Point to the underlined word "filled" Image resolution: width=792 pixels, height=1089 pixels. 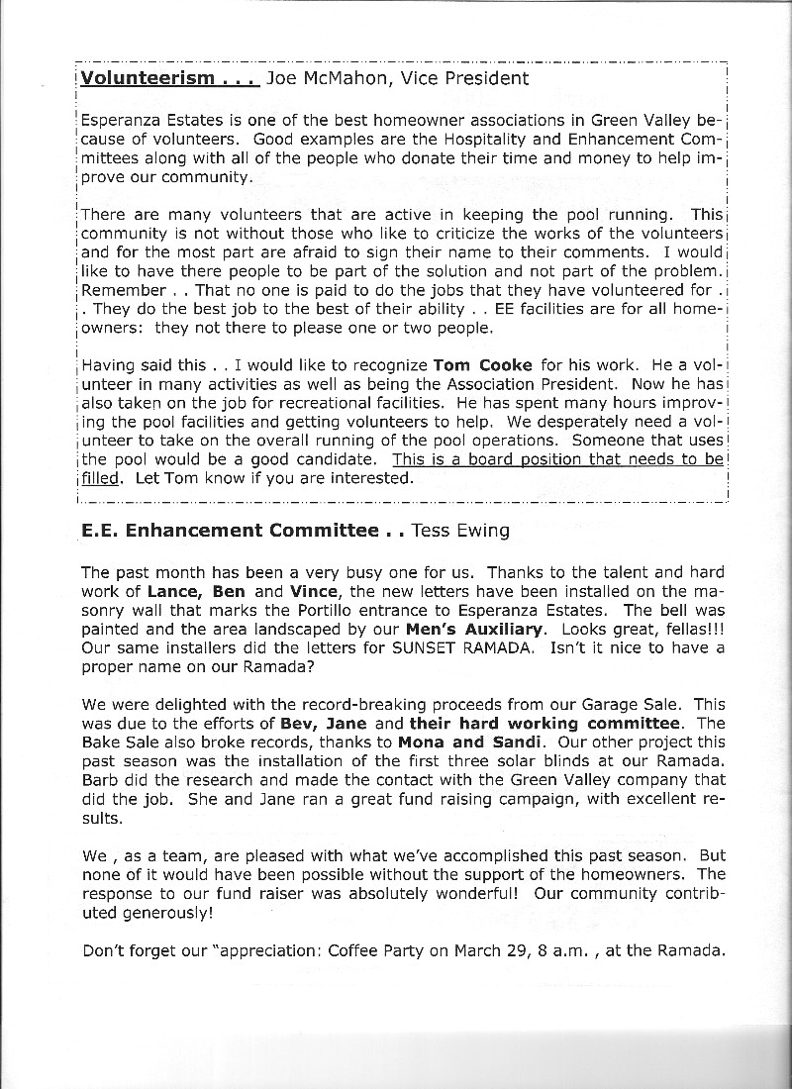click(98, 478)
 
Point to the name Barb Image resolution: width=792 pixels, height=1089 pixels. click(100, 780)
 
